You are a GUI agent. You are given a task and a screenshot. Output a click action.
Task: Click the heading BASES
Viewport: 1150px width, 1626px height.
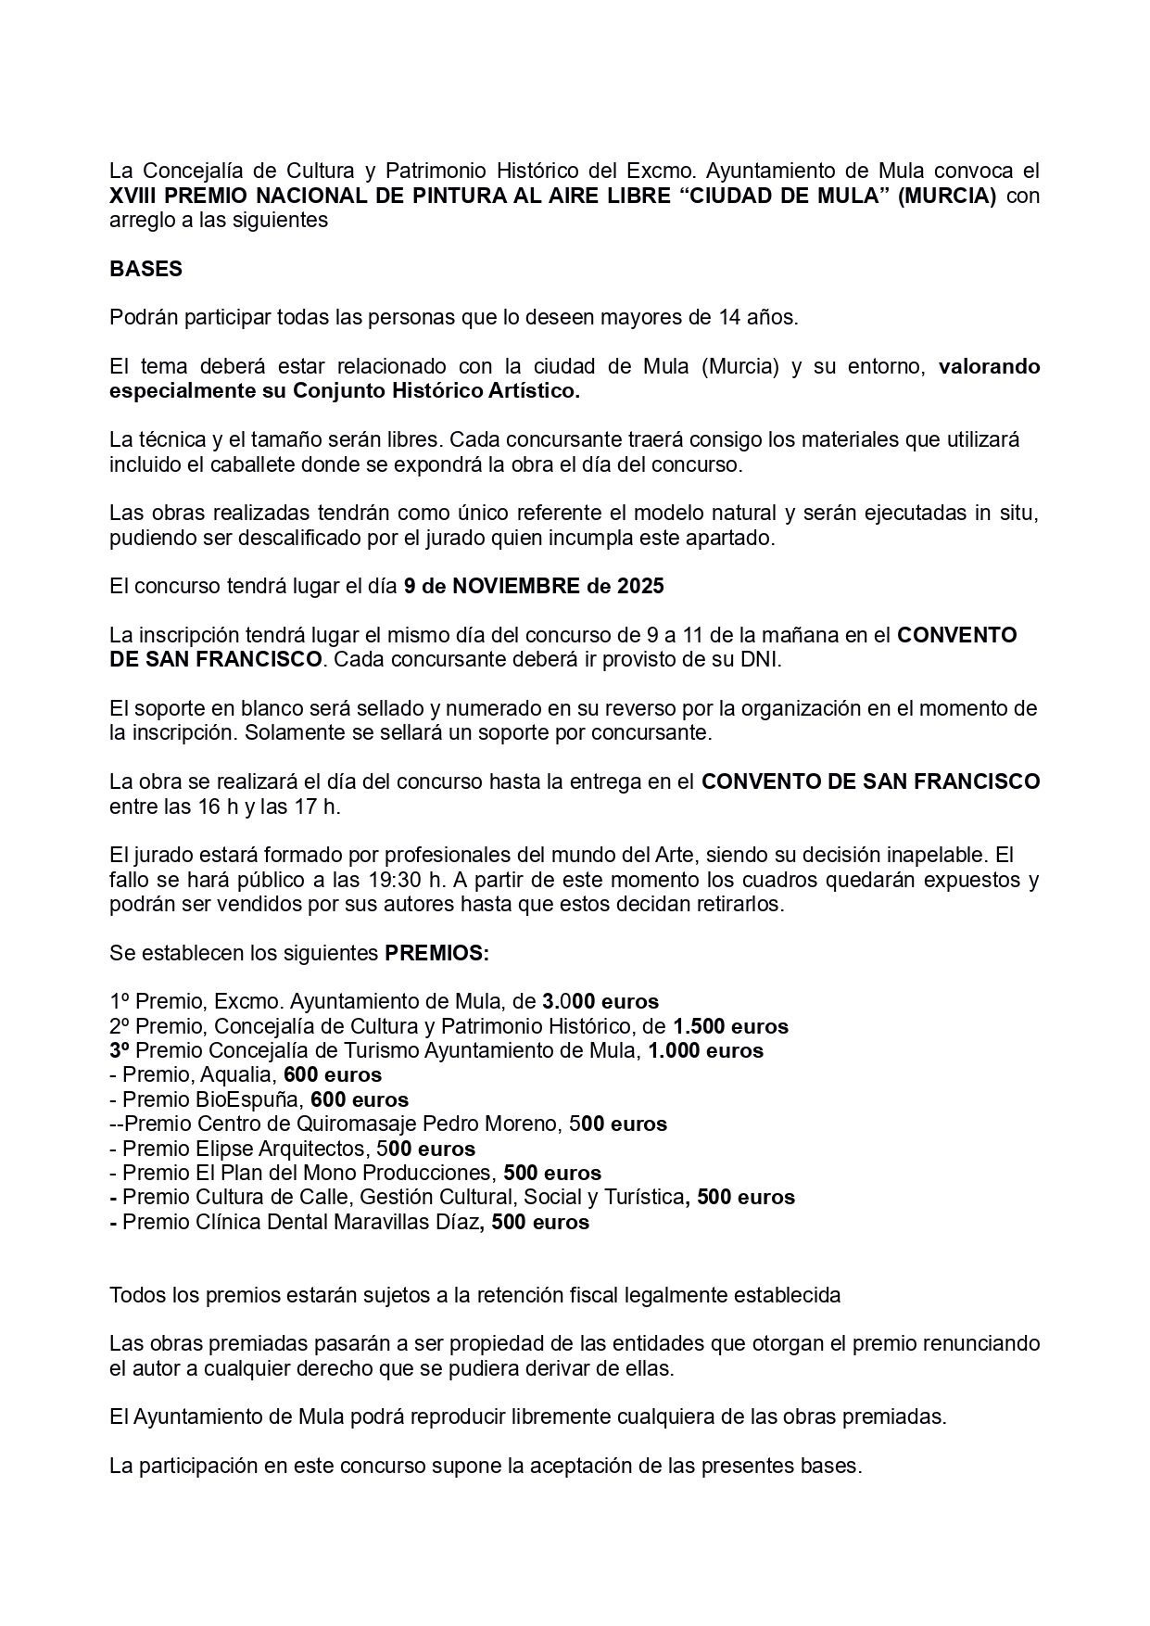(145, 269)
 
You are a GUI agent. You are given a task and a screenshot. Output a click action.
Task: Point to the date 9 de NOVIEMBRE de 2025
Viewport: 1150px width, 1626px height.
(534, 587)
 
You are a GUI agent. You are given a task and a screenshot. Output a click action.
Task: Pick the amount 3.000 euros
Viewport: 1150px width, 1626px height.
(600, 1002)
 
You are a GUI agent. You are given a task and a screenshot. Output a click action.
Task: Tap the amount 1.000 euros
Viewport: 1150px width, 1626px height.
(705, 1050)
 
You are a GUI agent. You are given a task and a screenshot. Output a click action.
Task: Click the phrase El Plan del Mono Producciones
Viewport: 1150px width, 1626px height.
(359, 1173)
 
